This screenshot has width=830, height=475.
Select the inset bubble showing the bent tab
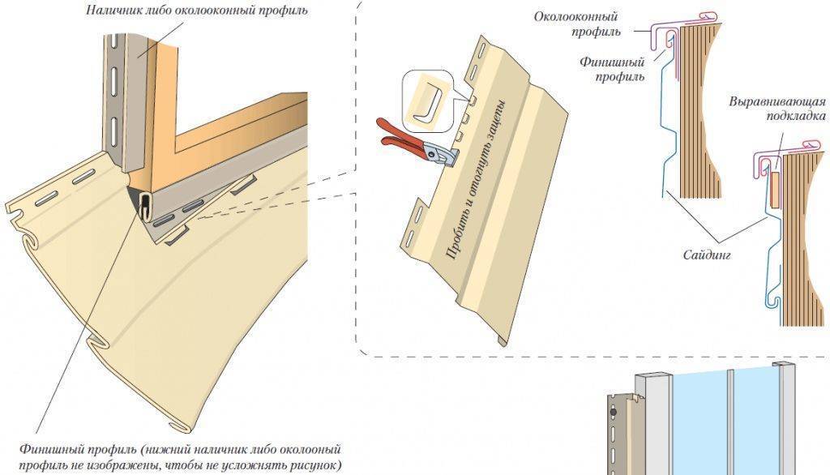coord(428,101)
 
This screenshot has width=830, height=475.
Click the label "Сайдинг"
coord(707,255)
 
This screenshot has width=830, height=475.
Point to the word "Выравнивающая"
coord(777,101)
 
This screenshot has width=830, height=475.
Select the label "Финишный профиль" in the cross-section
coord(613,70)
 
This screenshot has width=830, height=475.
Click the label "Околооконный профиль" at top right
coord(577,24)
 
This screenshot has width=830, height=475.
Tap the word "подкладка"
coord(796,115)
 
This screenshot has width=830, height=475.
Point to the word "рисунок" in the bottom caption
coord(315,465)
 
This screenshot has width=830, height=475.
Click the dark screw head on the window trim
coord(613,412)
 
